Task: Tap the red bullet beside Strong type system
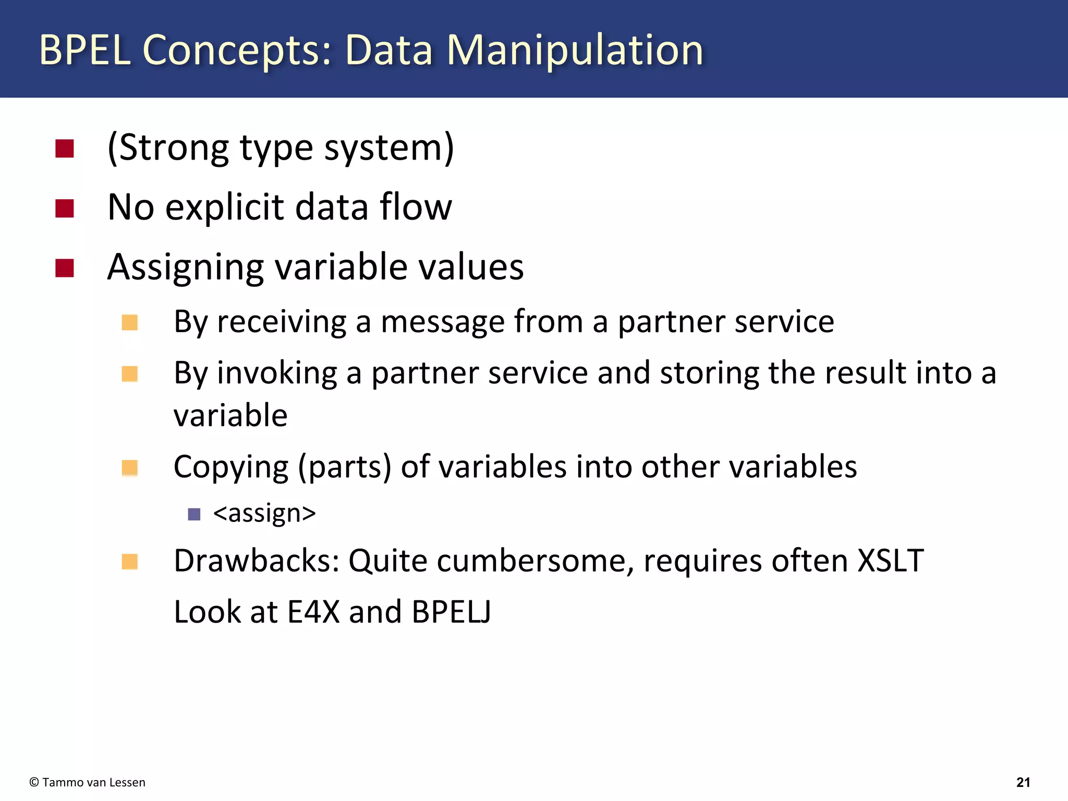pyautogui.click(x=65, y=149)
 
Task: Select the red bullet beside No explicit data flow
pyautogui.click(x=65, y=209)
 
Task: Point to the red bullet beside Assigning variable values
pyautogui.click(x=65, y=268)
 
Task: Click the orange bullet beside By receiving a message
pyautogui.click(x=129, y=323)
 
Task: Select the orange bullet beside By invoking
pyautogui.click(x=129, y=374)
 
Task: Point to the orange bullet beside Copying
pyautogui.click(x=129, y=467)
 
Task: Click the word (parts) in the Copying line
pyautogui.click(x=344, y=467)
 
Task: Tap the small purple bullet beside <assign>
pyautogui.click(x=194, y=515)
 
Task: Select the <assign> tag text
pyautogui.click(x=264, y=514)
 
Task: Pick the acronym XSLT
pyautogui.click(x=891, y=561)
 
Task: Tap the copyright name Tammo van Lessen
pyautogui.click(x=94, y=782)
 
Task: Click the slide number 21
pyautogui.click(x=1023, y=782)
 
